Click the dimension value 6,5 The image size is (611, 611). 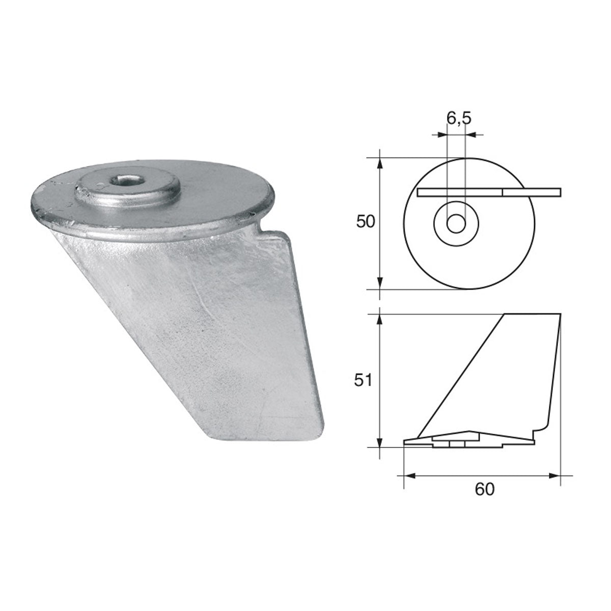(x=459, y=118)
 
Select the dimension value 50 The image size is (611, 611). (x=366, y=222)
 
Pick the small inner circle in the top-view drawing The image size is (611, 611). (x=456, y=224)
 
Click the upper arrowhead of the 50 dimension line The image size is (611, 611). (x=380, y=162)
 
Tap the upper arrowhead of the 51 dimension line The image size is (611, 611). (x=380, y=319)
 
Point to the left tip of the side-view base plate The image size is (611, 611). (x=405, y=442)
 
